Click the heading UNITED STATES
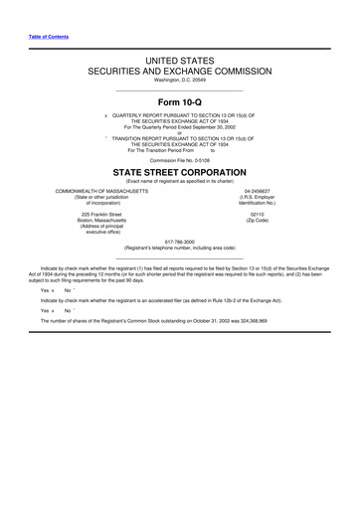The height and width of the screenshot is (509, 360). pos(181,62)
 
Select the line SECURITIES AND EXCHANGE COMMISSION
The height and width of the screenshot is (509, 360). pos(181,73)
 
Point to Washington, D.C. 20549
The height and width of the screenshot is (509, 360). pos(180,82)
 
